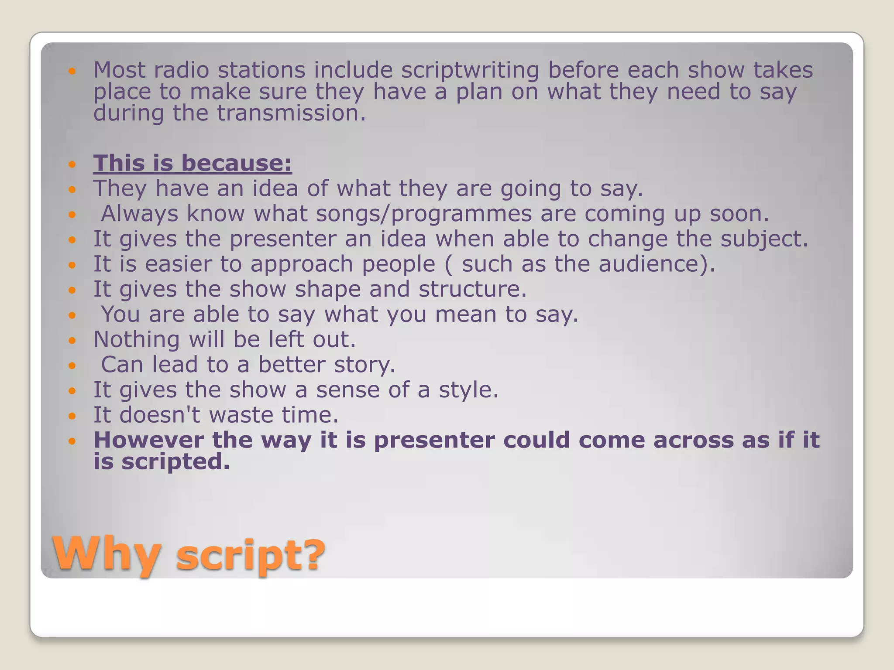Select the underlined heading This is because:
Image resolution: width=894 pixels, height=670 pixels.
pyautogui.click(x=193, y=163)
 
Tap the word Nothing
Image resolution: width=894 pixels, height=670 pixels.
pyautogui.click(x=136, y=339)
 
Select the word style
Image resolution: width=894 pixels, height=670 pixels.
pyautogui.click(x=468, y=390)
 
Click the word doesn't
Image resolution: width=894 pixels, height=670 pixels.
pyautogui.click(x=159, y=415)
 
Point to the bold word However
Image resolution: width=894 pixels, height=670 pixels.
pyautogui.click(x=148, y=440)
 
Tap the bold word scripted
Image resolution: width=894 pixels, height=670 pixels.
pyautogui.click(x=175, y=461)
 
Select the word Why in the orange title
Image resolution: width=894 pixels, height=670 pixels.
pyautogui.click(x=106, y=554)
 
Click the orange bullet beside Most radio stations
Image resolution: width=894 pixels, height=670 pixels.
pyautogui.click(x=72, y=71)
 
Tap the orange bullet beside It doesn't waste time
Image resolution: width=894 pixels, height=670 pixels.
pyautogui.click(x=72, y=416)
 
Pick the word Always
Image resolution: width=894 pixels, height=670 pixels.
pyautogui.click(x=139, y=214)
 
